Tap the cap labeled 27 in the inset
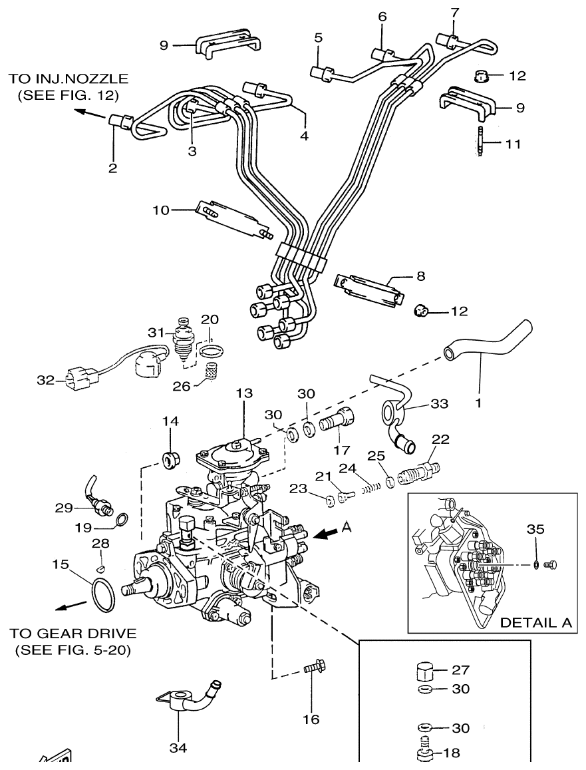click(424, 671)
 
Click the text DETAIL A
click(535, 624)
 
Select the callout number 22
click(441, 440)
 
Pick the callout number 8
click(420, 274)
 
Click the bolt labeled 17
click(339, 423)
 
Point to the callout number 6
click(382, 17)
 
